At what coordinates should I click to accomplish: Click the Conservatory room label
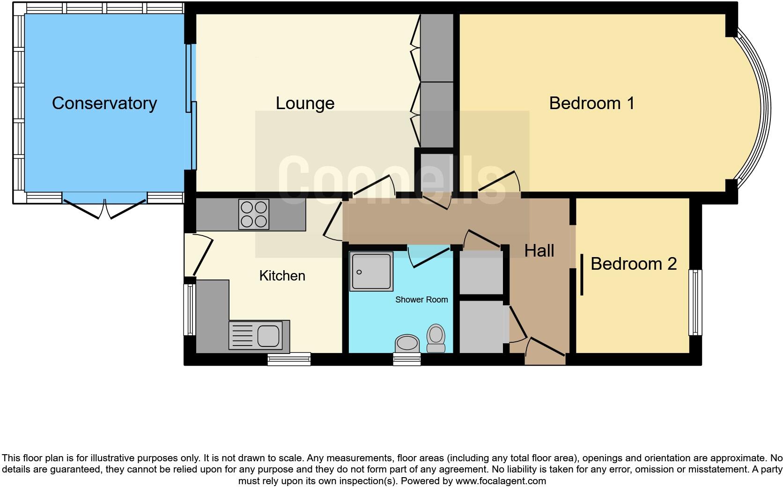click(104, 103)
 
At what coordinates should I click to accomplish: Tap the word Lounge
click(305, 103)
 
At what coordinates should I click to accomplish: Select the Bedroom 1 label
click(591, 103)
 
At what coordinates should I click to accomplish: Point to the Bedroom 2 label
click(633, 264)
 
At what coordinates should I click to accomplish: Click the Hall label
click(539, 251)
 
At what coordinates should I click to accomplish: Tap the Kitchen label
click(282, 275)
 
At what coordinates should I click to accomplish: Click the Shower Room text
click(421, 299)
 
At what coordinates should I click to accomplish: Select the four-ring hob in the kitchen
click(253, 214)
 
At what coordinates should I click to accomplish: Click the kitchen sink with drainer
click(255, 335)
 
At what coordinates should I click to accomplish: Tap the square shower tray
click(371, 272)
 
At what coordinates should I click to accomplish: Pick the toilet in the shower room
click(436, 338)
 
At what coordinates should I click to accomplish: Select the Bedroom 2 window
click(695, 302)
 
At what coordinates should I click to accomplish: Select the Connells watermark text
click(391, 180)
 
